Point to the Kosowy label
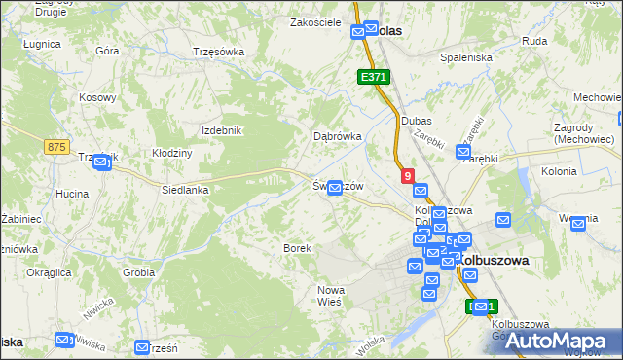pyautogui.click(x=97, y=97)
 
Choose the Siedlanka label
pyautogui.click(x=185, y=190)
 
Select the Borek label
pyautogui.click(x=297, y=248)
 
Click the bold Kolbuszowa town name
pyautogui.click(x=494, y=261)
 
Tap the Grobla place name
pyautogui.click(x=138, y=272)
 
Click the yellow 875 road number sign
pyautogui.click(x=56, y=146)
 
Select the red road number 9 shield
pyautogui.click(x=407, y=175)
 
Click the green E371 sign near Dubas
pyautogui.click(x=373, y=76)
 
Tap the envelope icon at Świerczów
pyautogui.click(x=335, y=188)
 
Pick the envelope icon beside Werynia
pyautogui.click(x=579, y=223)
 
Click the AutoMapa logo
pyautogui.click(x=562, y=340)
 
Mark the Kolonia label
pyautogui.click(x=559, y=171)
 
